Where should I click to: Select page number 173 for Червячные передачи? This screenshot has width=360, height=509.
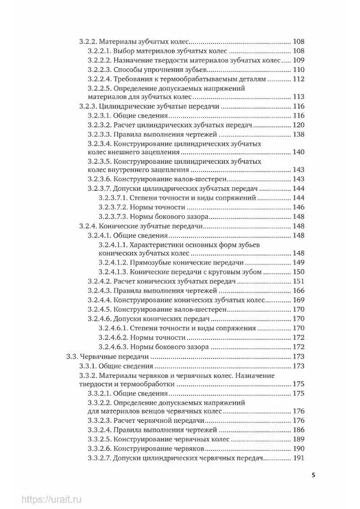tap(299, 357)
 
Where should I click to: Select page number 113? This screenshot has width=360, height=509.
tap(299, 97)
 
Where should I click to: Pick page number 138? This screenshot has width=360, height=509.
tap(299, 135)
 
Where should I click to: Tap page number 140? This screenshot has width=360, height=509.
tap(299, 152)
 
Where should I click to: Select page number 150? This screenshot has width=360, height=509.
tap(299, 272)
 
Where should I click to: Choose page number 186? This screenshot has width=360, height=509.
tap(299, 430)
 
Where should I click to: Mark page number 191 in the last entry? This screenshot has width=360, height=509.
tap(299, 459)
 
